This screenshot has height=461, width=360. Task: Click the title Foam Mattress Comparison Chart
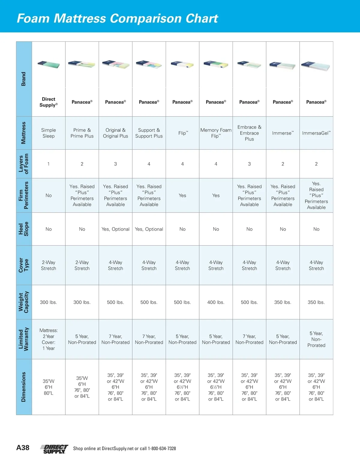117,18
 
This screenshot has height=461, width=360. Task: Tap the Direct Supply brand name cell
49,102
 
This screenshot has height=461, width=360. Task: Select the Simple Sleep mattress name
49,133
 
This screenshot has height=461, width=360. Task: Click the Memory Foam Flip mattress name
216,133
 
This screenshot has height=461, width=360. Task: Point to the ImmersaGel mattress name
316,133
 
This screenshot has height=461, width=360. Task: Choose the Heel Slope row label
24,229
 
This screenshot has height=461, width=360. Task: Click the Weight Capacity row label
24,302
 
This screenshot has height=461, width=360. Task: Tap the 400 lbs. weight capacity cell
216,302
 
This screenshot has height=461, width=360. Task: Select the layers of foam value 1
49,164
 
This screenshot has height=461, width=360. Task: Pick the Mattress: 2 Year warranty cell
49,339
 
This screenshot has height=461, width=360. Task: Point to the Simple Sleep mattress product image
49,65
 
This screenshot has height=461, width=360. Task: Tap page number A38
23,448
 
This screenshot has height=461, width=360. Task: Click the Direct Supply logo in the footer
54,449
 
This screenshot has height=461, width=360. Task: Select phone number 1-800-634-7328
162,449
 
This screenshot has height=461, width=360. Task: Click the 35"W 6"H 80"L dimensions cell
49,387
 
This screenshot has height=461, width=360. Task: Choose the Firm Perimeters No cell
49,195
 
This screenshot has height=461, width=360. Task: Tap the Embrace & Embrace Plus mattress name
249,133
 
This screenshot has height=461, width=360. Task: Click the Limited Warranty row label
24,339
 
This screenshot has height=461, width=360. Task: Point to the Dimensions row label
24,387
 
